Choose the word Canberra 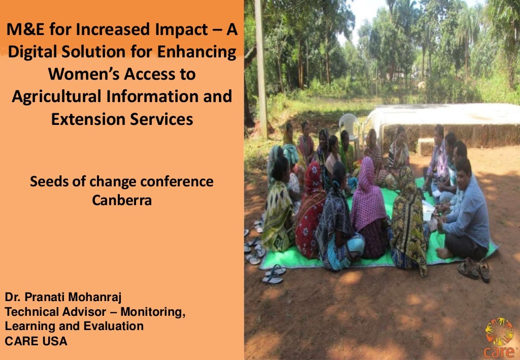122,200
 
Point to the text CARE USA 36,341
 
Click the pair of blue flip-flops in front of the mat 273,274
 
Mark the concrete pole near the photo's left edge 261,66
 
